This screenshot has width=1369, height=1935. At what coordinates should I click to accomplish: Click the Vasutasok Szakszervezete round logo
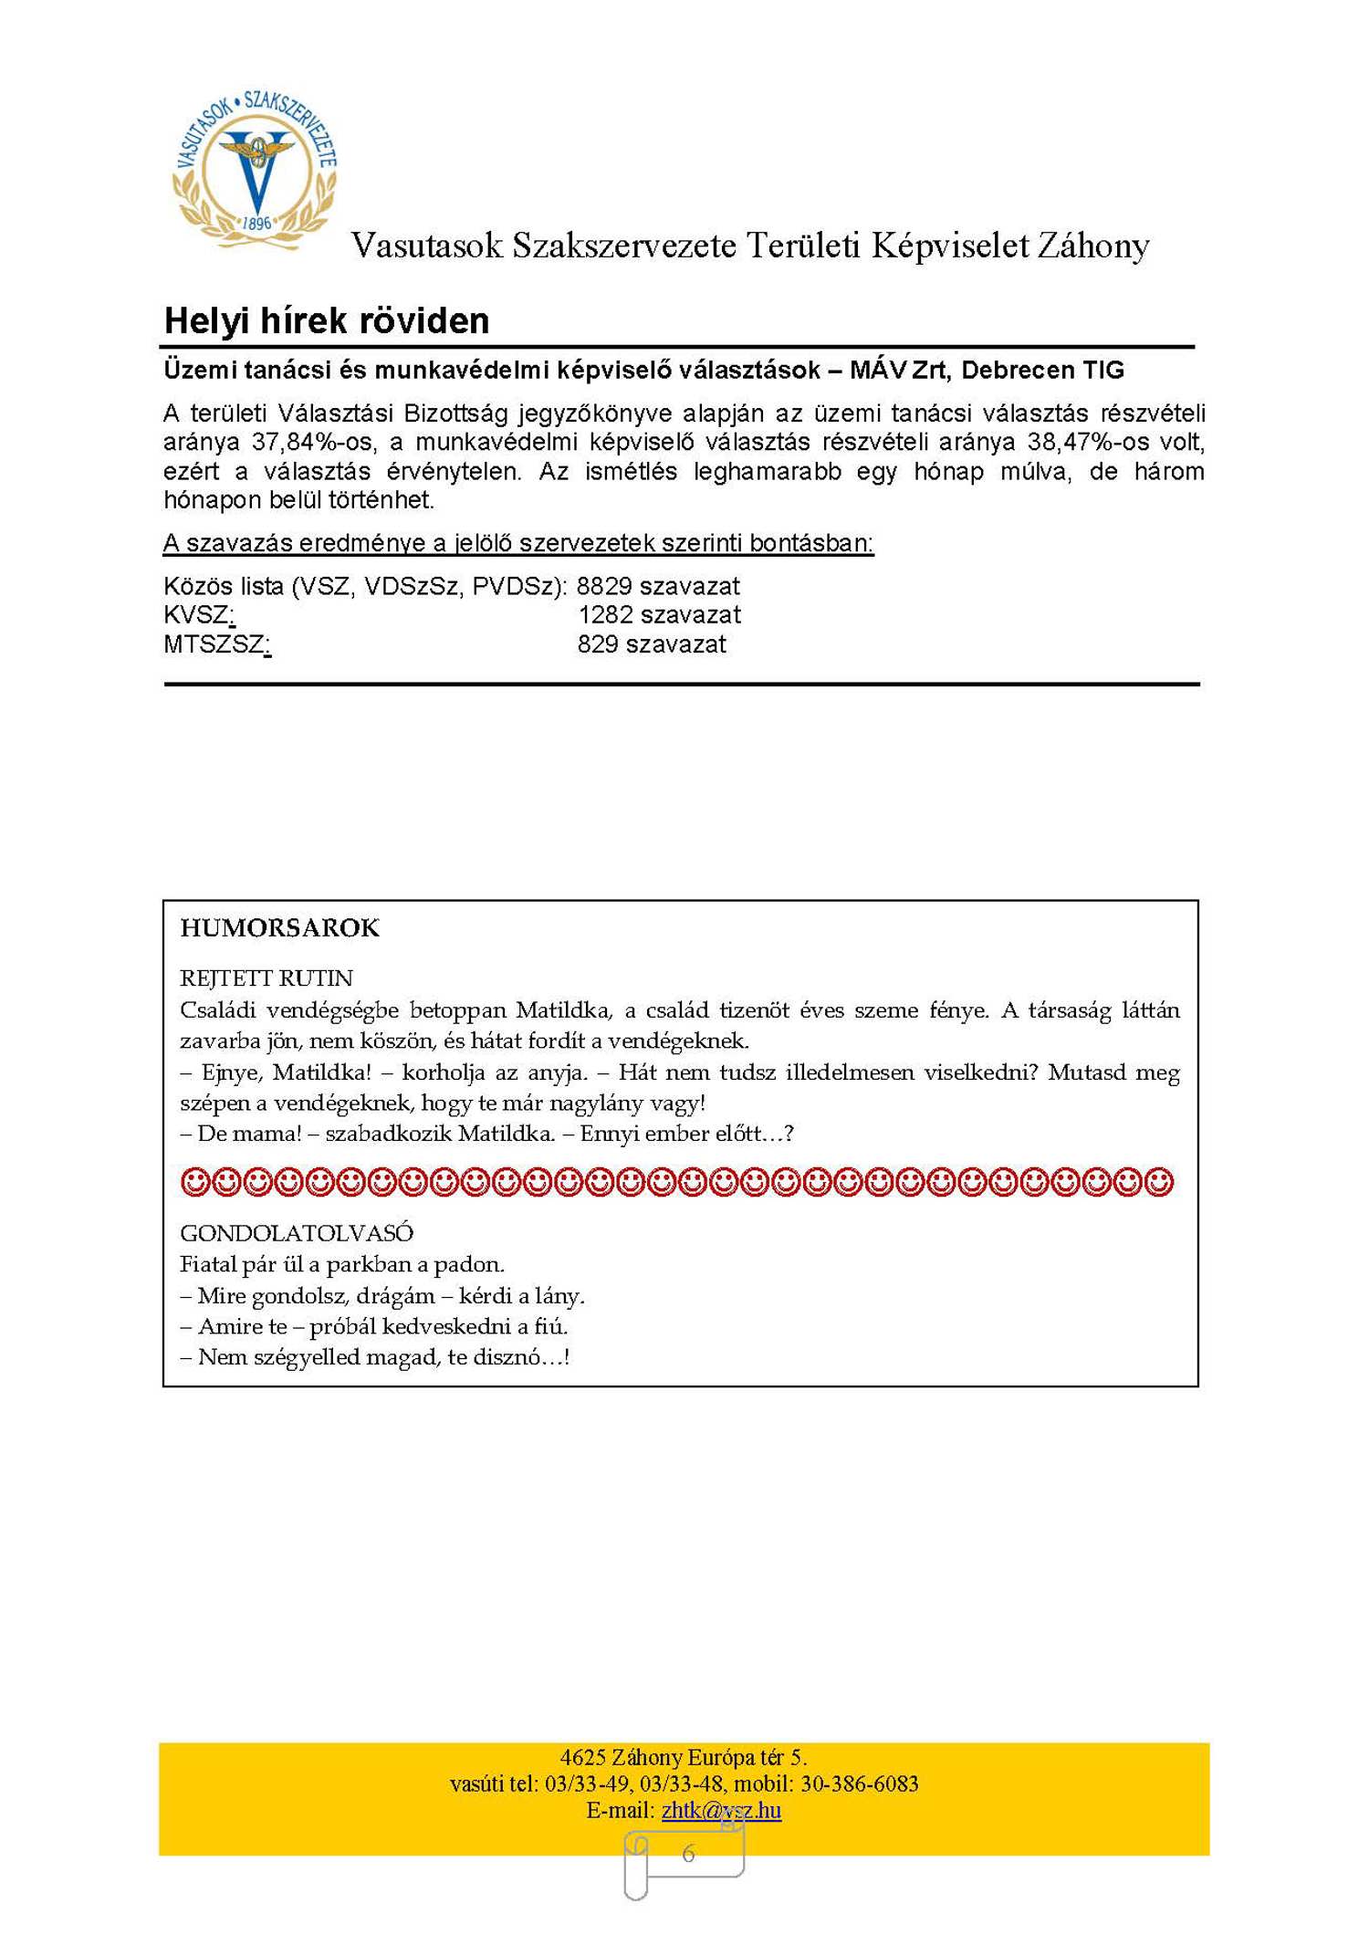255,168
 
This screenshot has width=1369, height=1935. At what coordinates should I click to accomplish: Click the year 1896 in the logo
256,223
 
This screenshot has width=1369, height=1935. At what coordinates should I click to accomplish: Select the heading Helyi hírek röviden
327,321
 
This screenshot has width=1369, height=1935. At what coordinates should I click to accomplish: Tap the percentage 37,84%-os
313,443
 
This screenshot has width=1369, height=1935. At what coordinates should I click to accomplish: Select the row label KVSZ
197,615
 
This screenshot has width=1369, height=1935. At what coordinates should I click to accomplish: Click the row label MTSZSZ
215,644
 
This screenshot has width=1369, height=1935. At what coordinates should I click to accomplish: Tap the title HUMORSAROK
279,928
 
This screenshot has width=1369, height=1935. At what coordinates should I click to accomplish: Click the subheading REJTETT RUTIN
266,978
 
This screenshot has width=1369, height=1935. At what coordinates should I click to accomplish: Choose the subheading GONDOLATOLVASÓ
297,1233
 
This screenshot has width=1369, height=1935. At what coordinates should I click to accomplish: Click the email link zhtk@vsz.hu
721,1810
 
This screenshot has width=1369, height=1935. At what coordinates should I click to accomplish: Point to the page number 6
688,1853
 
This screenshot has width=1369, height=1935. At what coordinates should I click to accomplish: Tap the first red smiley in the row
195,1183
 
